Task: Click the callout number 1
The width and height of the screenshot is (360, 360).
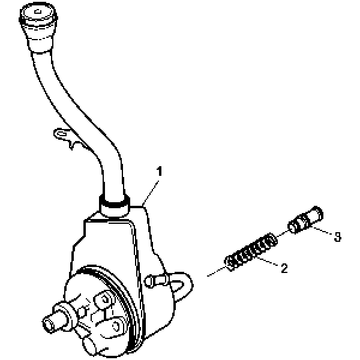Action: pyautogui.click(x=159, y=171)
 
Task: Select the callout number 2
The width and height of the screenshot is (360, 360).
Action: pyautogui.click(x=284, y=268)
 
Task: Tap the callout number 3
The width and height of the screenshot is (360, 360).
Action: pyautogui.click(x=337, y=236)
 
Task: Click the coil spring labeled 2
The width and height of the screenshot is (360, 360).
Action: pyautogui.click(x=251, y=252)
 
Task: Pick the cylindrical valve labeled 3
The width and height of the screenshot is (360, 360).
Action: pyautogui.click(x=305, y=220)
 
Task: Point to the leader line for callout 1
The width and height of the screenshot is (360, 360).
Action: pyautogui.click(x=151, y=193)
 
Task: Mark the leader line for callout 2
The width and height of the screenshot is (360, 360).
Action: pyautogui.click(x=268, y=262)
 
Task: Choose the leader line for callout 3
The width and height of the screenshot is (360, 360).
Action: pyautogui.click(x=322, y=230)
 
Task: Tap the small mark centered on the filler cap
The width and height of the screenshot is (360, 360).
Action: pyautogui.click(x=38, y=11)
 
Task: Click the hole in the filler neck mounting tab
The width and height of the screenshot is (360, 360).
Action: pyautogui.click(x=61, y=134)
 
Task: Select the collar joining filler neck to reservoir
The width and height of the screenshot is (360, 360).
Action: pyautogui.click(x=115, y=205)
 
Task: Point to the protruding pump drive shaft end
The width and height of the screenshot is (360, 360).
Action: pyautogui.click(x=49, y=323)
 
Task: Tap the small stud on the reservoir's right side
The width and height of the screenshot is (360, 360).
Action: pyautogui.click(x=157, y=280)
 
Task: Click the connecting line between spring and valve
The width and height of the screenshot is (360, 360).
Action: pyautogui.click(x=282, y=233)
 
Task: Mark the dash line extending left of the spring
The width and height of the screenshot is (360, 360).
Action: pyautogui.click(x=216, y=271)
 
